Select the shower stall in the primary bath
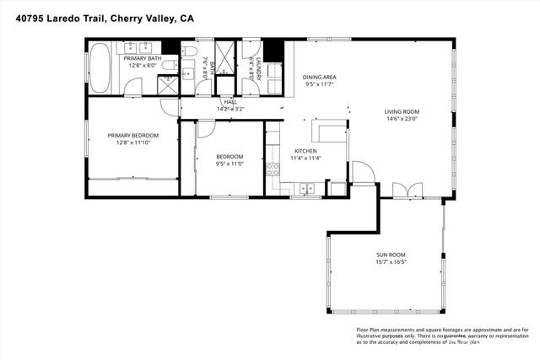pos(167,84)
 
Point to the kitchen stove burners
pos(273,169)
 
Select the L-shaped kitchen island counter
pos(329,131)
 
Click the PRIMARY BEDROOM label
pos(129,135)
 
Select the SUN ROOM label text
pos(391,255)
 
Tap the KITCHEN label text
pos(305,151)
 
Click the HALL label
pos(229,102)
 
